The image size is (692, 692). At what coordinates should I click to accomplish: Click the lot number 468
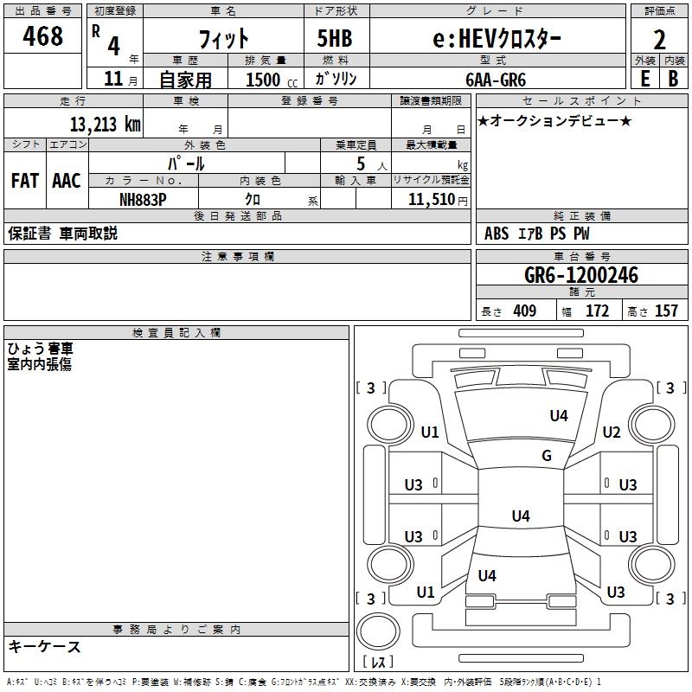tap(44, 37)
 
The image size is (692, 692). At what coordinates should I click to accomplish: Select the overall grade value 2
tap(660, 39)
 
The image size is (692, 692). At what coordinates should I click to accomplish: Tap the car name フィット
tap(223, 39)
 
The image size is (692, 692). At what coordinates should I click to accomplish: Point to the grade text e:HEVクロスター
tap(496, 39)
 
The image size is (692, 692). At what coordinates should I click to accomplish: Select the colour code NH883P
tap(143, 199)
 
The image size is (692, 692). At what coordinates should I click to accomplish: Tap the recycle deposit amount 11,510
tap(430, 199)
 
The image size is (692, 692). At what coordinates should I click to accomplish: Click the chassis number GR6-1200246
tap(581, 276)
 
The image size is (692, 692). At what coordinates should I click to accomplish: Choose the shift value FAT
tap(25, 181)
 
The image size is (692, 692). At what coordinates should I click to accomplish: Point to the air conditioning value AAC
tap(67, 181)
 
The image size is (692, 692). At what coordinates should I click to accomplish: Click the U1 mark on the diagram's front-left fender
tap(429, 432)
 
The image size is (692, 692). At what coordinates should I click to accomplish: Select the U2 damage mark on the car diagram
tap(612, 432)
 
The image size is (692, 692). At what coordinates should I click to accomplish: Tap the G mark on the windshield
tap(546, 456)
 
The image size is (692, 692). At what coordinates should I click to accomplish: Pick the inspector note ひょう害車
tap(40, 349)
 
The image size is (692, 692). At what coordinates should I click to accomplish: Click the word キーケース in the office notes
tap(44, 647)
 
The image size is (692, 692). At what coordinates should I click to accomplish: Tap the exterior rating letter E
tap(644, 79)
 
